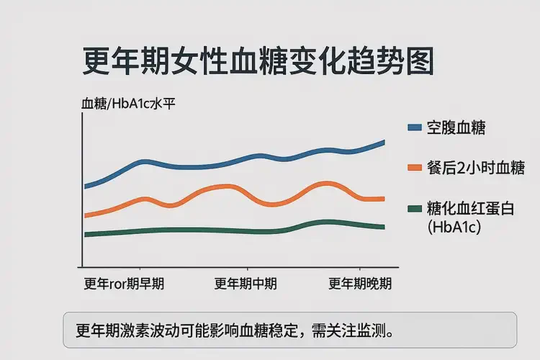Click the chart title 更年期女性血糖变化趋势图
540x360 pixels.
258,63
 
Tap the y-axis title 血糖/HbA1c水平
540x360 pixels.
129,103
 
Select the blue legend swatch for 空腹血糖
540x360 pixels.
414,127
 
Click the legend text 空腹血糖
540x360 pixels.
456,127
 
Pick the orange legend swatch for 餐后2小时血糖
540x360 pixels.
414,168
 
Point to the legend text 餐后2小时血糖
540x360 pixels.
475,168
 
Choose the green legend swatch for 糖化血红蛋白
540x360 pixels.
414,209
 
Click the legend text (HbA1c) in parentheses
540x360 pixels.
454,228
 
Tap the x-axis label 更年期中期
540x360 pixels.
246,283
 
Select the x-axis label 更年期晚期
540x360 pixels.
360,283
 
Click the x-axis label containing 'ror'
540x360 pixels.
124,283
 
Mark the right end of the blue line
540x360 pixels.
383,142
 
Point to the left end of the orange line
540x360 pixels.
86,215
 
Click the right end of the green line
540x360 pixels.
383,227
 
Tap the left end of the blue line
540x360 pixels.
86,186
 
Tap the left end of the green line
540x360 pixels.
86,235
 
